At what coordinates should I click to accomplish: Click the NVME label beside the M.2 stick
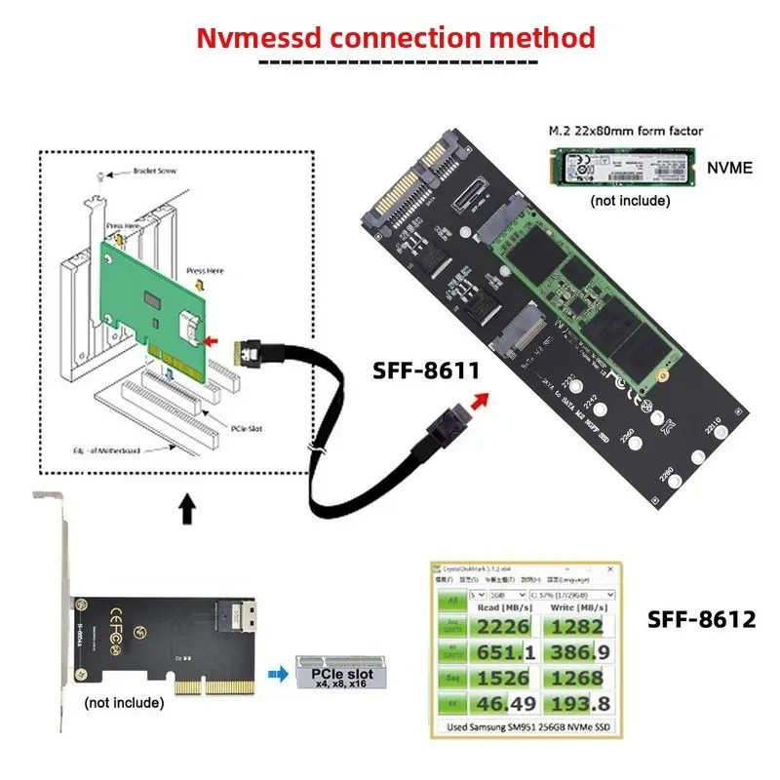click(x=729, y=167)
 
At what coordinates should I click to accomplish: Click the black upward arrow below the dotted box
click(x=187, y=507)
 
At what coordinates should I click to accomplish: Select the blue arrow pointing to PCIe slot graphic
click(x=279, y=672)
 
